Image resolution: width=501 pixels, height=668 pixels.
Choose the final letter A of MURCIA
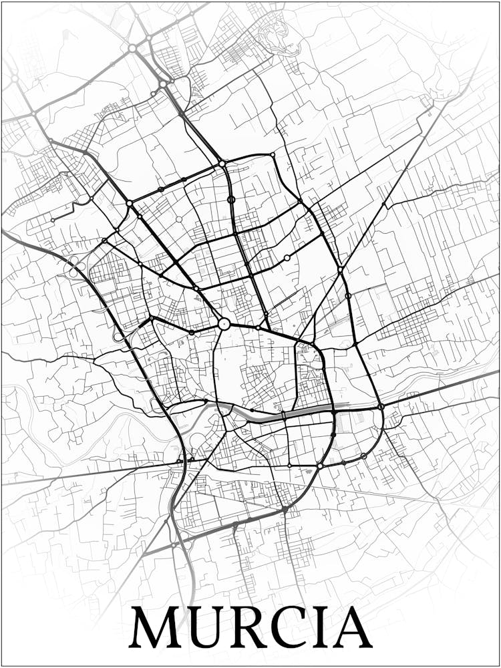coord(351,628)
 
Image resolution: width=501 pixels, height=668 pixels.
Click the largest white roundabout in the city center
coord(224,324)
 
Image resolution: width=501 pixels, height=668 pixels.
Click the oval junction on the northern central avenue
coord(231,199)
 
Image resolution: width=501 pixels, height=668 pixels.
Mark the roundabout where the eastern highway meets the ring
coord(380,406)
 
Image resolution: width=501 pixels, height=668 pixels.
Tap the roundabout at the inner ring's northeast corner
coord(273,155)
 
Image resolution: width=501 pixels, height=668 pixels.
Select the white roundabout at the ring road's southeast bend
coord(321,466)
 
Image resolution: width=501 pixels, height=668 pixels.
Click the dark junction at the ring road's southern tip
coord(285,510)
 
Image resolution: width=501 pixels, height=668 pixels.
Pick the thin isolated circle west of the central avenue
coord(179,219)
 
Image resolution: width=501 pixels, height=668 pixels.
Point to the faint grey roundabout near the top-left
coord(132,48)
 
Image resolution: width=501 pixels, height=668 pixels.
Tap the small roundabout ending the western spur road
coord(53,220)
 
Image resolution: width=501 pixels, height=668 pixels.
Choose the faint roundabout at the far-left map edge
coord(14,79)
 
